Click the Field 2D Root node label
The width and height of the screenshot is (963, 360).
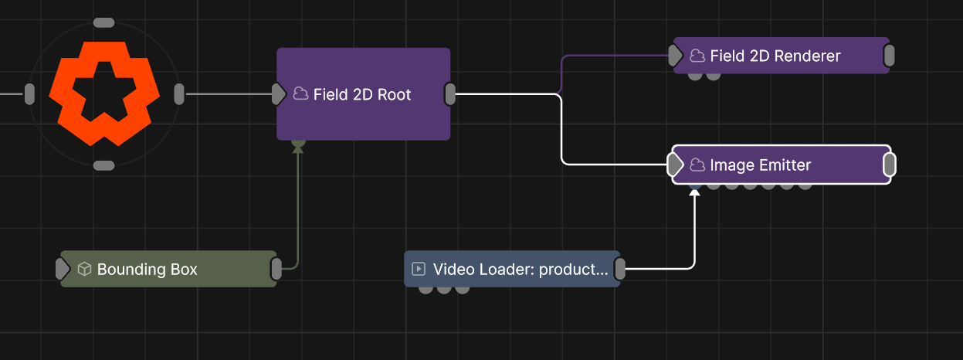(x=362, y=94)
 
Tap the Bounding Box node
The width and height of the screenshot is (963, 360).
(x=168, y=269)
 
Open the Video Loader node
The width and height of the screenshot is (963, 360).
(x=512, y=269)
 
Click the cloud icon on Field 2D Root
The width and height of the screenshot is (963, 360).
(x=300, y=93)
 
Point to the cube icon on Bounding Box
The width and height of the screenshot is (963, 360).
(x=84, y=269)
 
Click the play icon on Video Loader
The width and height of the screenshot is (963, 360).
(x=419, y=269)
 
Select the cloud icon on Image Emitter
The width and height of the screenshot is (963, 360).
(x=697, y=165)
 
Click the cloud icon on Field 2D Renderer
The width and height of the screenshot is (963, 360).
(x=697, y=56)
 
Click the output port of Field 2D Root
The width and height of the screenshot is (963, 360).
(x=450, y=94)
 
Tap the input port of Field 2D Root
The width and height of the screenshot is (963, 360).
(x=279, y=94)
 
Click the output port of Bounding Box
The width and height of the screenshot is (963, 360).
(x=276, y=269)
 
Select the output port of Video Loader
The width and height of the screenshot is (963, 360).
(x=620, y=269)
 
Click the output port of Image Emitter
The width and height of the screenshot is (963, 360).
(x=890, y=165)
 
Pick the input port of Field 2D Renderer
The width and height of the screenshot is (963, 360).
(x=676, y=56)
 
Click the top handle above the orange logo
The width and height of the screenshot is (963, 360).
(x=104, y=23)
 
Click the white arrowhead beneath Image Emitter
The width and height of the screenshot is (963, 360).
(x=695, y=192)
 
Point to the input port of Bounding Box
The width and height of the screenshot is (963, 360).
(x=63, y=269)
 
